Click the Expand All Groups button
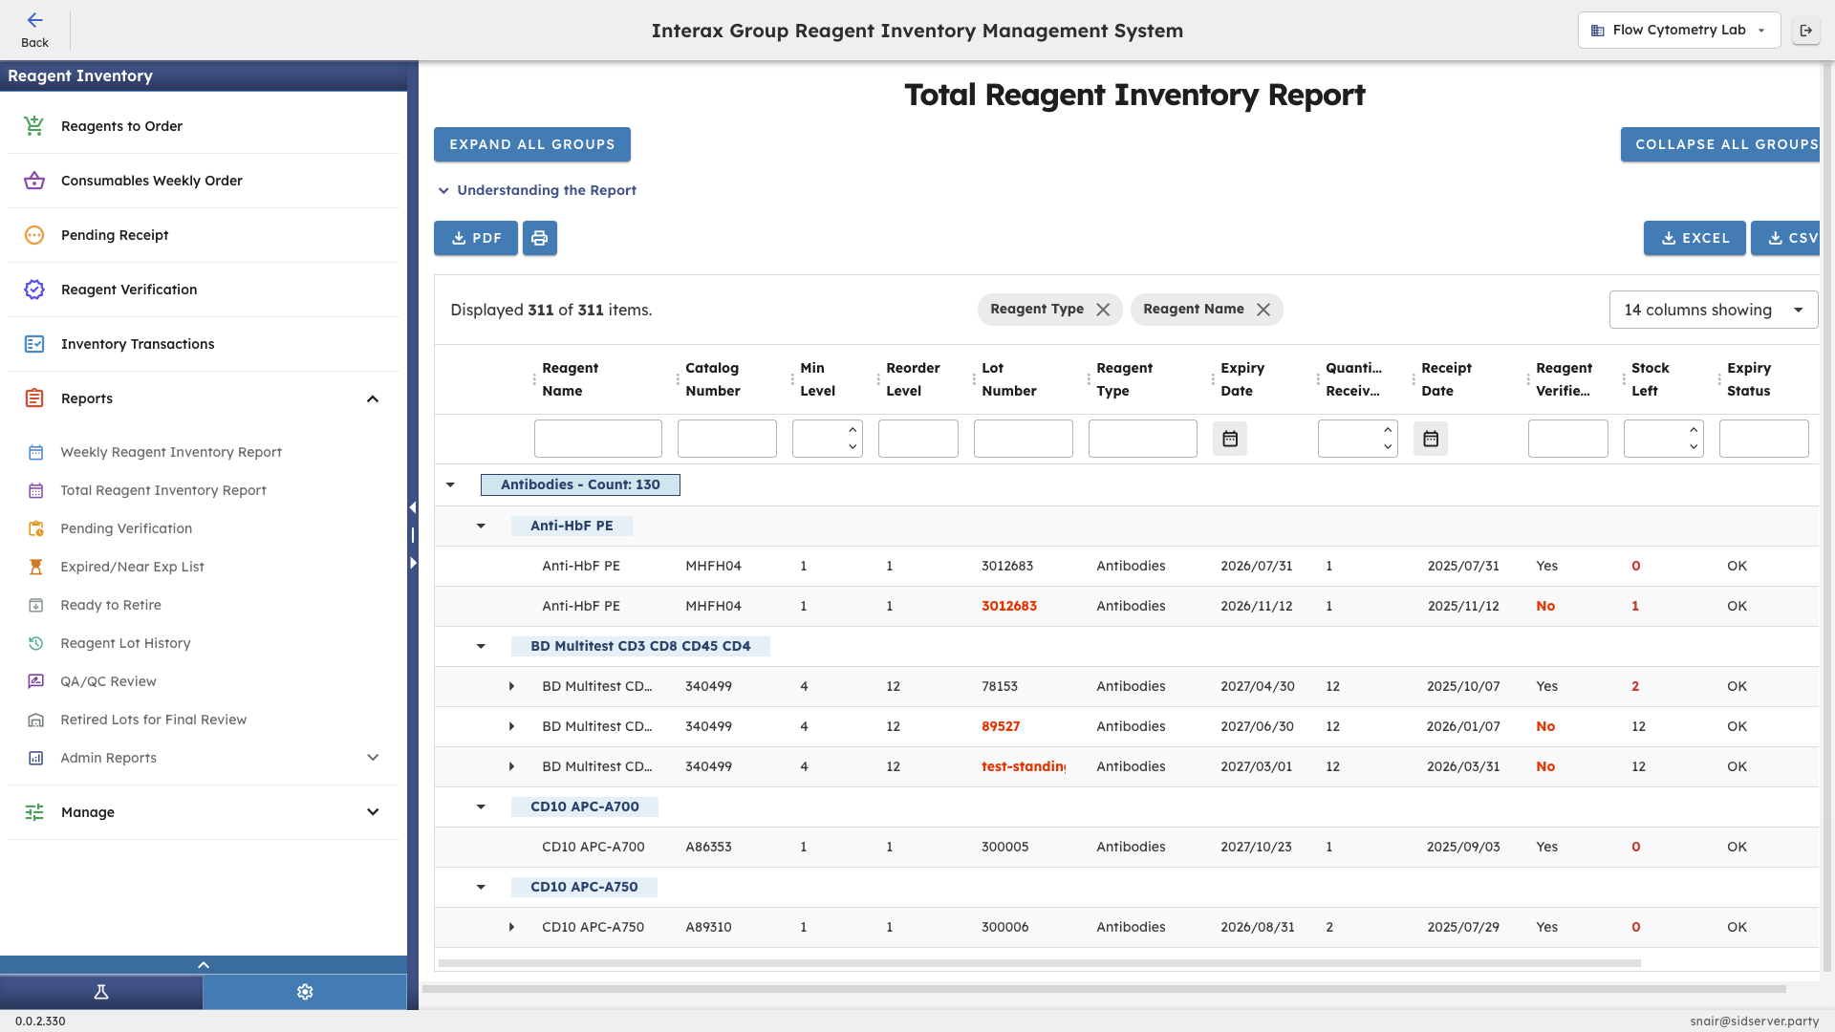click(531, 144)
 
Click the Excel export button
click(1694, 238)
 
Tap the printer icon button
click(539, 238)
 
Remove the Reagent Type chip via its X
click(1103, 310)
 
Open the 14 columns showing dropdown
click(1713, 310)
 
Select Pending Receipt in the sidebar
click(115, 235)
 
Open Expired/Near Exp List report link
click(132, 567)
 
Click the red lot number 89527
click(1001, 726)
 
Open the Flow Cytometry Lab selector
click(1678, 30)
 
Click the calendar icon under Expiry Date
click(1230, 439)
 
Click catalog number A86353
click(708, 847)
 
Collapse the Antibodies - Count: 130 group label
click(580, 484)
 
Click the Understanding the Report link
click(546, 190)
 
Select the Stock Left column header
click(1650, 379)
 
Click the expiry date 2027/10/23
click(1256, 847)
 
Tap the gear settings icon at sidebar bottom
click(305, 992)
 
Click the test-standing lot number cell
click(1023, 766)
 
